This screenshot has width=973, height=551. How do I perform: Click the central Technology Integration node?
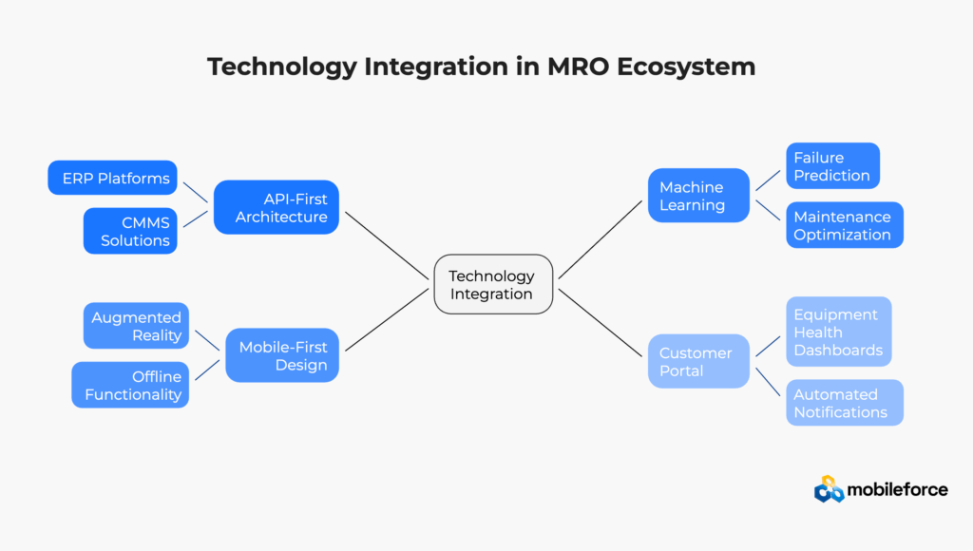point(492,285)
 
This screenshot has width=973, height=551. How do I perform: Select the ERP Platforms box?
point(113,178)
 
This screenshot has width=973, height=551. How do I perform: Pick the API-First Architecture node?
point(277,207)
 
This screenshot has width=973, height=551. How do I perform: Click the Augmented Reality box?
point(136,326)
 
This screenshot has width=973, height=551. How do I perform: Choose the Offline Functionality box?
point(130,385)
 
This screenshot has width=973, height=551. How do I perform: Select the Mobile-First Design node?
point(282,355)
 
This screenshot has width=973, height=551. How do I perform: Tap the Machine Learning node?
point(698,196)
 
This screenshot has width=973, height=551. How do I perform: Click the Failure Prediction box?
point(832,165)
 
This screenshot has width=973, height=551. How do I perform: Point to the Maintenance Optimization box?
point(844,225)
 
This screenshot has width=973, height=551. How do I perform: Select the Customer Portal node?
point(698,361)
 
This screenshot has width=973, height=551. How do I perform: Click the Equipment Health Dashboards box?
point(838,332)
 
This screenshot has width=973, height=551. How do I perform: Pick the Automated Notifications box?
point(844,403)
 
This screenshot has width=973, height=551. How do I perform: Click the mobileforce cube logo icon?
point(829,489)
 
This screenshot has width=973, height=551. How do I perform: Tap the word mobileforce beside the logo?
point(898,489)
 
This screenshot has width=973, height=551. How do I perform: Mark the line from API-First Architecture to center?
point(387,245)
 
